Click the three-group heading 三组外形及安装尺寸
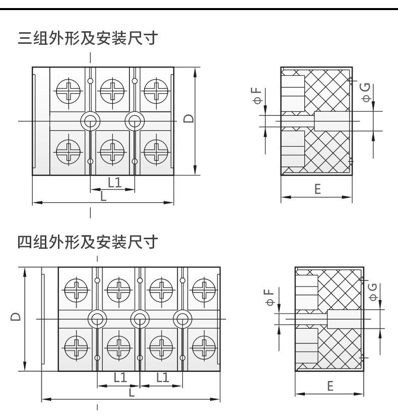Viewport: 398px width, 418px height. [x=88, y=38]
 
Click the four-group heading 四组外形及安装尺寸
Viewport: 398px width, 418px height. [x=88, y=242]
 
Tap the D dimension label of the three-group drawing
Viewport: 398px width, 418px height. [x=188, y=118]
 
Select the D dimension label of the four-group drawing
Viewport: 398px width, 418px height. [x=16, y=316]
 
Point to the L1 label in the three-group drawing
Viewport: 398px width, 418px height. [x=115, y=183]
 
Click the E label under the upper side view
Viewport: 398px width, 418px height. [x=317, y=189]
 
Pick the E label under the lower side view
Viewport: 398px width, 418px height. [x=330, y=386]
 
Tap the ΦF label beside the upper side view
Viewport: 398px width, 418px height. [x=257, y=95]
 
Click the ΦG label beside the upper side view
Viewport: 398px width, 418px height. [x=366, y=92]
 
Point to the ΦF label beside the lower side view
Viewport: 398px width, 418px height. [x=270, y=297]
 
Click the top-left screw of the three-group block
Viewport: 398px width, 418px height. [x=69, y=91]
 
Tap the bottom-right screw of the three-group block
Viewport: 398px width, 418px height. [x=156, y=152]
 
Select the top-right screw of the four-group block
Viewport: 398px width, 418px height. [x=204, y=290]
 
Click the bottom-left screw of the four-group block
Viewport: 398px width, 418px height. [x=76, y=347]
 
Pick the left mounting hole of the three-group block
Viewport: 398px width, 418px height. [x=90, y=121]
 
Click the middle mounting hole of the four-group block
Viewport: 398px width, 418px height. [x=140, y=319]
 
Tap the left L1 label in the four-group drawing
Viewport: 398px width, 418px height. [x=120, y=378]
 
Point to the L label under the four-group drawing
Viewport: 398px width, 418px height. [x=131, y=392]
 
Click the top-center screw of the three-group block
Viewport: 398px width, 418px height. [x=112, y=91]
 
